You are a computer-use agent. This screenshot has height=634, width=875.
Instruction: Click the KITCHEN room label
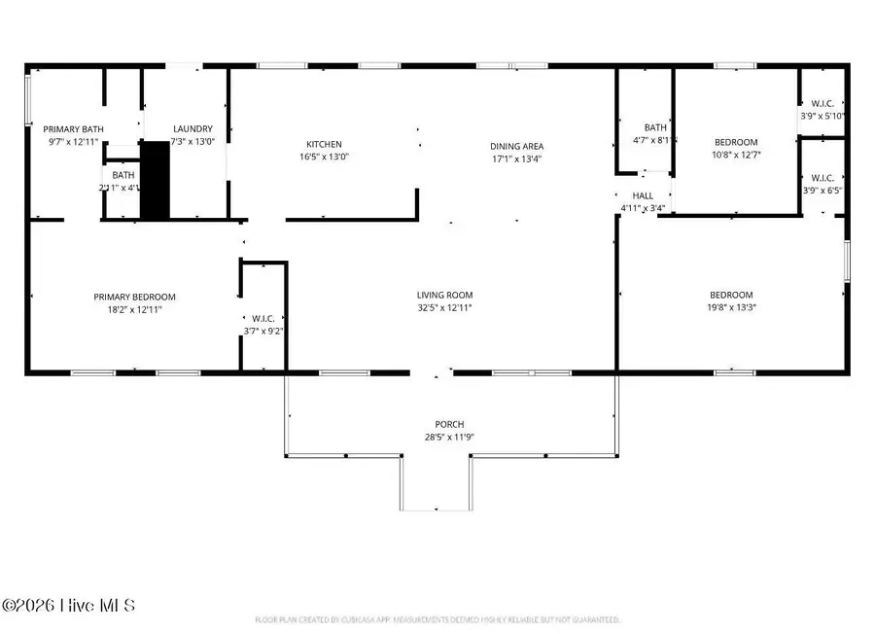(x=324, y=145)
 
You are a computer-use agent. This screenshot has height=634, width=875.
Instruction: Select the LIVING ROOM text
(x=444, y=296)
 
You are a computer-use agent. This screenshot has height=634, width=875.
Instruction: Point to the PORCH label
(x=449, y=425)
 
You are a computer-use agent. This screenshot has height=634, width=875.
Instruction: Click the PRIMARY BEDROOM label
(x=134, y=297)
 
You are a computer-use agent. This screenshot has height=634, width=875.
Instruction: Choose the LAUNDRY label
(x=192, y=129)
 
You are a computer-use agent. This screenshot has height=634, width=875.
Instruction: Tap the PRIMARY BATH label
(x=73, y=129)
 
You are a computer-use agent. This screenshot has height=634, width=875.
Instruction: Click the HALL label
(x=643, y=195)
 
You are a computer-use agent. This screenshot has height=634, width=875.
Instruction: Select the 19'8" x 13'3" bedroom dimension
(x=730, y=307)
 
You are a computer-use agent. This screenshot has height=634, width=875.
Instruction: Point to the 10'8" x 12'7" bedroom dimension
(x=734, y=154)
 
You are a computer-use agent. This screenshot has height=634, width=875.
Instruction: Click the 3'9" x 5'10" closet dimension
(x=822, y=116)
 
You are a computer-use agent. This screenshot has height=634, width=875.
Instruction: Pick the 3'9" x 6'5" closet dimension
(x=822, y=190)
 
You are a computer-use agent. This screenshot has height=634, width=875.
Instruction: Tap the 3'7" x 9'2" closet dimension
(x=262, y=330)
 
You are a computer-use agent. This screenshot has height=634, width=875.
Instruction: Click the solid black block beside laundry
(x=155, y=180)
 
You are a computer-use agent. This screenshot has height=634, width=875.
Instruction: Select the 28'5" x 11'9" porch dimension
(x=449, y=437)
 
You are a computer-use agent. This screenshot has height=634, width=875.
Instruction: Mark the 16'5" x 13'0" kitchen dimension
(x=324, y=157)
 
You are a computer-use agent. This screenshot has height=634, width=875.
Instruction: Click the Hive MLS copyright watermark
(x=68, y=606)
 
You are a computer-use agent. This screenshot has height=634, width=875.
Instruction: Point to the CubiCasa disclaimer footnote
(x=437, y=618)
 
